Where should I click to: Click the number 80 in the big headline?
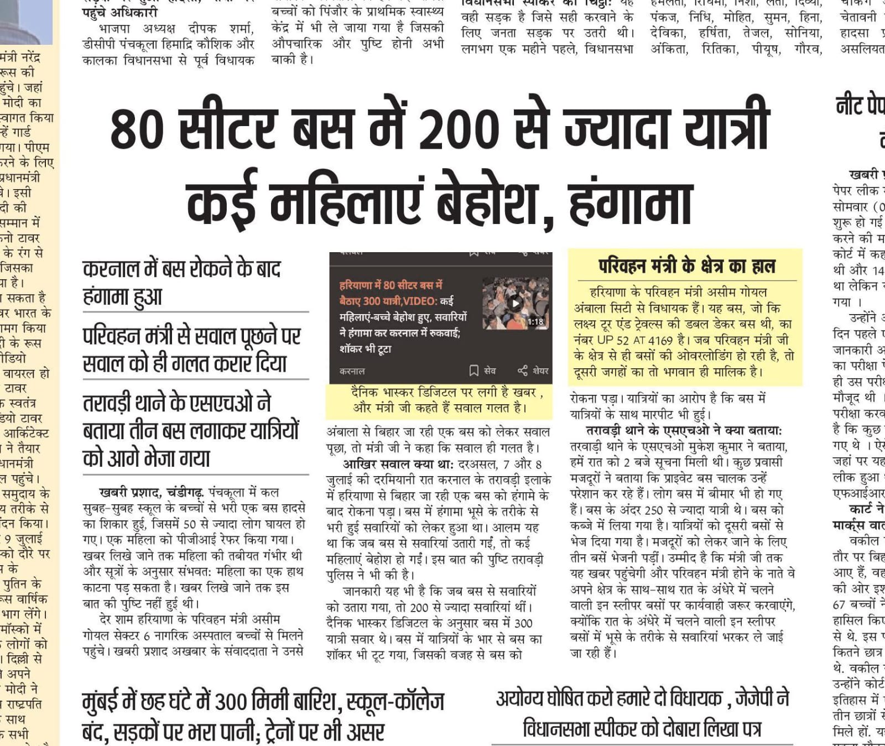[137, 129]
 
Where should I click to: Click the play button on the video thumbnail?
[516, 303]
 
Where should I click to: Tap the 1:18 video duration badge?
[535, 321]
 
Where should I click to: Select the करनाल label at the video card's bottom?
[352, 371]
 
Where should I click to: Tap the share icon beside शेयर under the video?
[522, 371]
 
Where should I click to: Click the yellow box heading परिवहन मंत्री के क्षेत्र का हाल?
[686, 267]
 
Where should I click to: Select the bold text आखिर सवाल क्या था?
[398, 464]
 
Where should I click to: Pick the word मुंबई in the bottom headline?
[103, 702]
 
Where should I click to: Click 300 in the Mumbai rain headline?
[230, 702]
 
